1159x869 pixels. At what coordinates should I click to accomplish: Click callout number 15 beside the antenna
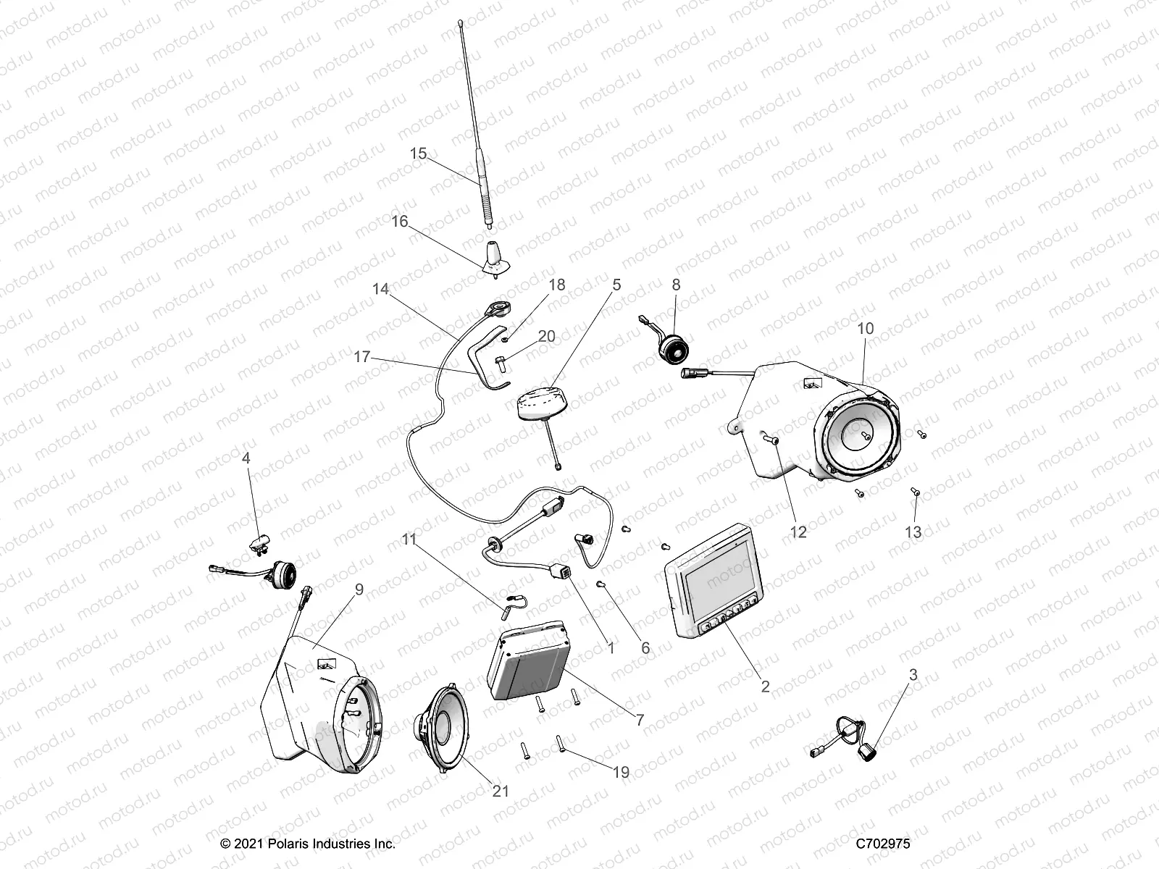pos(418,154)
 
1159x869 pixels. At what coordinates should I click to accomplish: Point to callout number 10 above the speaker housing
pos(865,328)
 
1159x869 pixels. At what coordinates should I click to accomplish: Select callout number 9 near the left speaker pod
pos(358,589)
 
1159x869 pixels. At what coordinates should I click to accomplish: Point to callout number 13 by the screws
pos(913,532)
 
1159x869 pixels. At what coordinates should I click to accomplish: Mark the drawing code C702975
pos(882,844)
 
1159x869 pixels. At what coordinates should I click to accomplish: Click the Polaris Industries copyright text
pos(307,844)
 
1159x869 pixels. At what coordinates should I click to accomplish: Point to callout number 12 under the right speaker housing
pos(798,532)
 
